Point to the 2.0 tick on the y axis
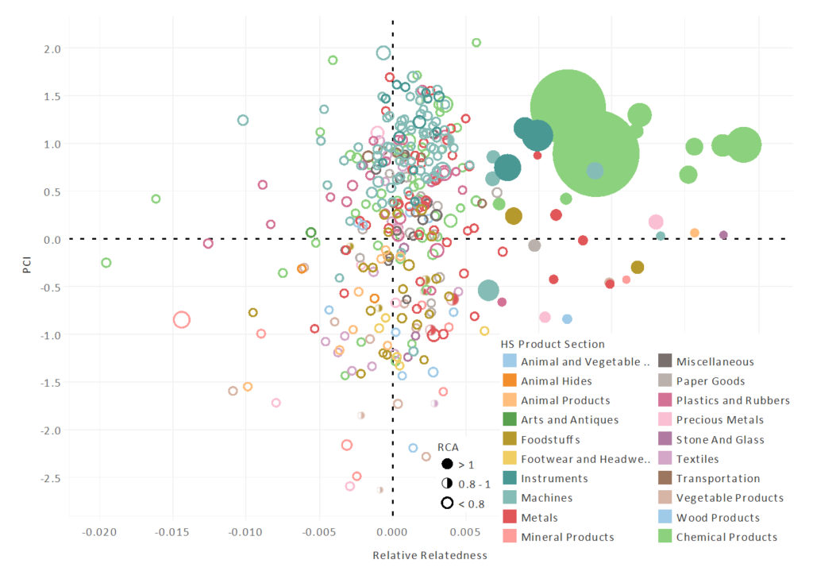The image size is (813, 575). [52, 49]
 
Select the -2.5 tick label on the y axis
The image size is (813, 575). [49, 478]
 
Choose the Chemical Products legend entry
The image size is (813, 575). [726, 537]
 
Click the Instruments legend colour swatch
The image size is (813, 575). [509, 479]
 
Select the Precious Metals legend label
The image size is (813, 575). [719, 420]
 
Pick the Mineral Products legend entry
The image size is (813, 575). [567, 537]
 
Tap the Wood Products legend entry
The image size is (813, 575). [718, 518]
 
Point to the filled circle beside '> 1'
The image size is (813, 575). [447, 464]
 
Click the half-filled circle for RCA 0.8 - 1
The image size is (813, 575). [447, 483]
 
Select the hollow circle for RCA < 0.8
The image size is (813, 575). [447, 502]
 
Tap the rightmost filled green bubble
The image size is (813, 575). [744, 145]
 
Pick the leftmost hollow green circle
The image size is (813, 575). [106, 263]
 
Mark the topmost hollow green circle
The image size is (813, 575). [476, 43]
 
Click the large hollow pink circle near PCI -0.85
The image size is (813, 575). [182, 319]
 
